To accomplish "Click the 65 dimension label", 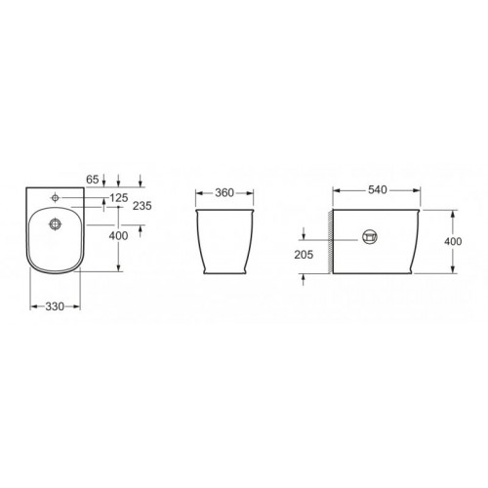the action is (x=93, y=180).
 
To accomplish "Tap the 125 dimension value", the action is (x=119, y=197).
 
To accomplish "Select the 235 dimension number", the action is (x=142, y=206).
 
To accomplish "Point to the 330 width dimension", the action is (x=55, y=306).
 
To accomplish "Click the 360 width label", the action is (x=224, y=193).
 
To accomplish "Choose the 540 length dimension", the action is (x=378, y=189).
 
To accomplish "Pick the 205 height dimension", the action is (x=304, y=255).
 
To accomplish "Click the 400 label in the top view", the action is (x=118, y=236).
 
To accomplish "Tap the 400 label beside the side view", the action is (x=453, y=241).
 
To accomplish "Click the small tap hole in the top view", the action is (x=56, y=197).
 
